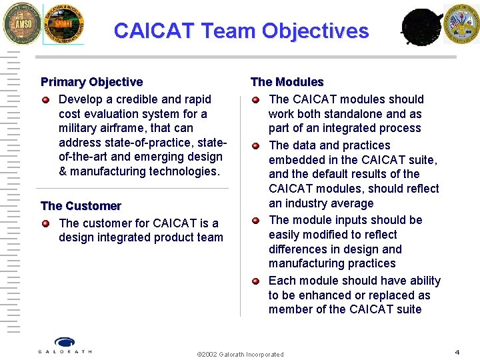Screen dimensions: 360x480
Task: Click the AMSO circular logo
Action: [x=22, y=23]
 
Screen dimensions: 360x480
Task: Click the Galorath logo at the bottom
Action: [x=65, y=345]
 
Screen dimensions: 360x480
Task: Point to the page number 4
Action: [x=457, y=351]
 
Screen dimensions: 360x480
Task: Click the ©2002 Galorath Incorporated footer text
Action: [x=240, y=354]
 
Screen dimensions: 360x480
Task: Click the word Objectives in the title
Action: [x=315, y=31]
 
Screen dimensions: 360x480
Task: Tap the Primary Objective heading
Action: [x=91, y=82]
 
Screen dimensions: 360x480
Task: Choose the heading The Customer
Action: [x=81, y=206]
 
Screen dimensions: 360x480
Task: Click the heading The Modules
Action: [x=287, y=82]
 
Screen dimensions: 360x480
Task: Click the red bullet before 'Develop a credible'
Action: [x=45, y=100]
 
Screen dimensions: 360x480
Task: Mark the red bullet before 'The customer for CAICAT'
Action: [x=45, y=223]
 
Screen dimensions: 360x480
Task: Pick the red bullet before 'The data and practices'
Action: [x=255, y=145]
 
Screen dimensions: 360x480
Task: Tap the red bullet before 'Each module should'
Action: [x=255, y=281]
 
